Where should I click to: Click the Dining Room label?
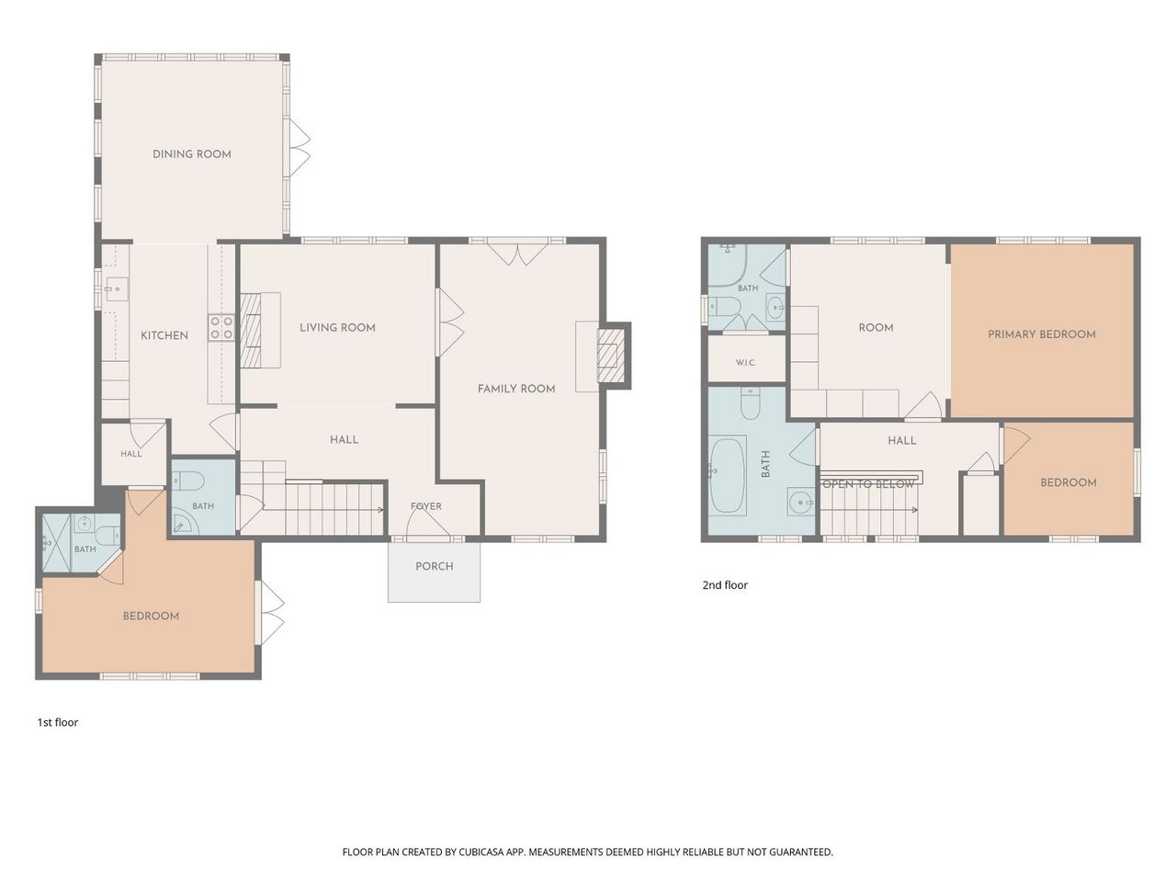pyautogui.click(x=192, y=154)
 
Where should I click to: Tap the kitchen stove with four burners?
pyautogui.click(x=221, y=327)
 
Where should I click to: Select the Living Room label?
pyautogui.click(x=337, y=328)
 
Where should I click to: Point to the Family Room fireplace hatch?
pyautogui.click(x=611, y=356)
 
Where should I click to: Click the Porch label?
pyautogui.click(x=435, y=566)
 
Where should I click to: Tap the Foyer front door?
pyautogui.click(x=428, y=523)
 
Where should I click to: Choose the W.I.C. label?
pyautogui.click(x=746, y=363)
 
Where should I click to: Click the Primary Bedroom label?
pyautogui.click(x=1042, y=334)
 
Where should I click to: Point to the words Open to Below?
pyautogui.click(x=868, y=485)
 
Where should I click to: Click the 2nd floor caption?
pyautogui.click(x=725, y=585)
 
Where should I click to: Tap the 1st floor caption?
pyautogui.click(x=58, y=722)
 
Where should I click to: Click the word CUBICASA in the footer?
pyautogui.click(x=481, y=852)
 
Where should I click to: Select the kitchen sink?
pyautogui.click(x=116, y=289)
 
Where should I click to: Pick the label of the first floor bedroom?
pyautogui.click(x=151, y=616)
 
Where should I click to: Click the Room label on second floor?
pyautogui.click(x=876, y=328)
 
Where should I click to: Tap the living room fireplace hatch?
pyautogui.click(x=250, y=331)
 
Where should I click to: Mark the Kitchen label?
pyautogui.click(x=164, y=335)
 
